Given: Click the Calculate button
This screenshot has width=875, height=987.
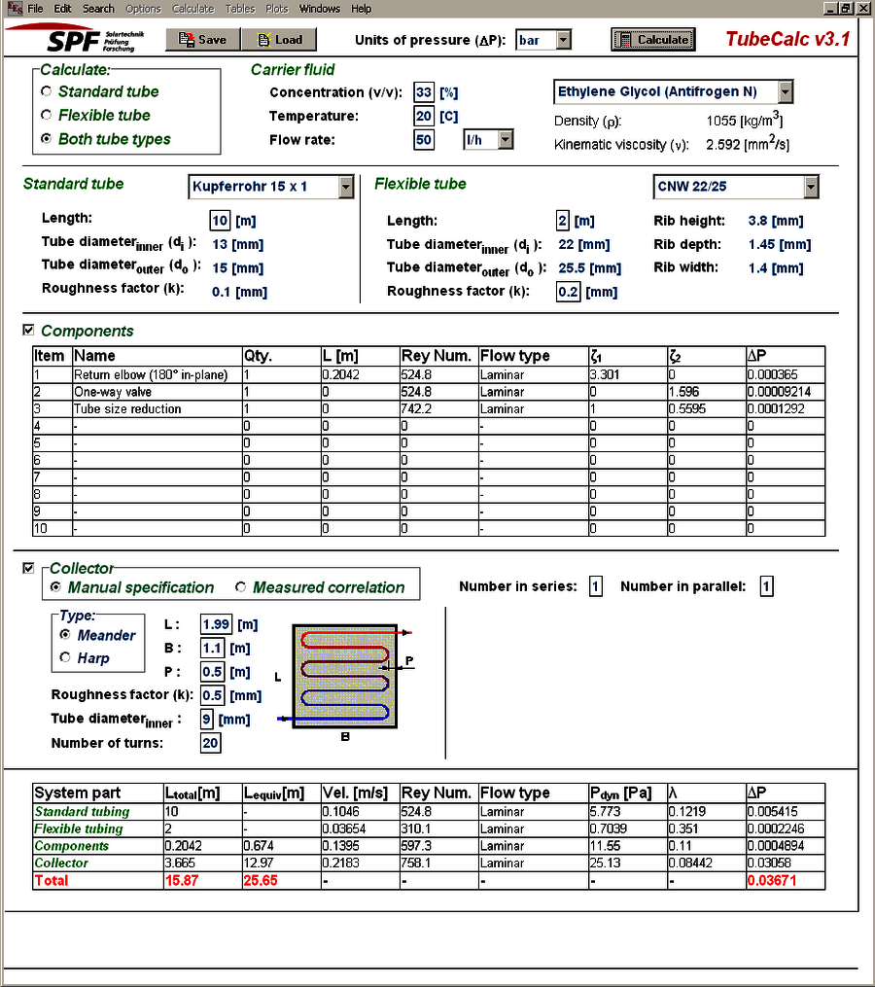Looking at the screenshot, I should [x=652, y=40].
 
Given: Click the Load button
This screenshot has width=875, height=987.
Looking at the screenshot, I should [x=279, y=40].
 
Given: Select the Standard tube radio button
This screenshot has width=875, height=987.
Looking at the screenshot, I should [x=47, y=91].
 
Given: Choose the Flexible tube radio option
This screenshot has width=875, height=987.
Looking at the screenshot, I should [x=47, y=115].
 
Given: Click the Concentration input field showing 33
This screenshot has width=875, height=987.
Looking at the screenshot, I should [x=423, y=92].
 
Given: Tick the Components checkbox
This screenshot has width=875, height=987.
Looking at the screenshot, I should [x=28, y=331].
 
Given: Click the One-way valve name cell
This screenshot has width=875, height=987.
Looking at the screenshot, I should [x=157, y=392].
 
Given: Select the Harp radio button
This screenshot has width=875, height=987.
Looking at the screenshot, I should [x=65, y=658].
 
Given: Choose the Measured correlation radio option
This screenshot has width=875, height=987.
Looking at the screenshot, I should [x=241, y=587].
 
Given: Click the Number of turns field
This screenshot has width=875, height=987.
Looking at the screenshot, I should [x=210, y=743].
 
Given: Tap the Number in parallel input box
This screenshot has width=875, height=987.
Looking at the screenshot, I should [x=766, y=586].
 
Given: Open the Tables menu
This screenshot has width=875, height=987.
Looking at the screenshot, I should [x=240, y=9].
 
